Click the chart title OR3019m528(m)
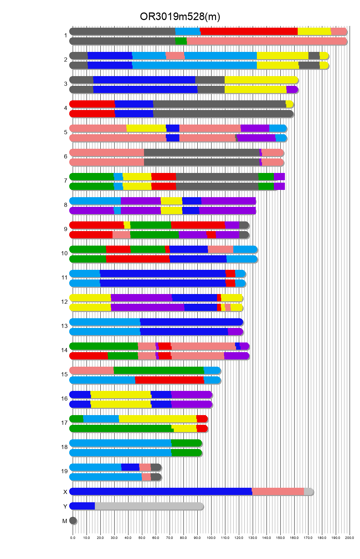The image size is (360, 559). point(180,17)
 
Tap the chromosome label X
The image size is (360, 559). point(65,492)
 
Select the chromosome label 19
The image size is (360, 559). point(64,471)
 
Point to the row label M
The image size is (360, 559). point(65,521)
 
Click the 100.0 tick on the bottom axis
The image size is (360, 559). point(211,538)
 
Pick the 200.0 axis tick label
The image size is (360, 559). point(350,538)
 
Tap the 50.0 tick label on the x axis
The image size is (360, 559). point(142,538)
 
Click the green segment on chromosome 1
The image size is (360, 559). point(181,41)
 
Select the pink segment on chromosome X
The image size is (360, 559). point(278,492)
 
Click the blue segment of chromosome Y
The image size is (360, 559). point(82,506)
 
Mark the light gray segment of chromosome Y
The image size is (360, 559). point(149,506)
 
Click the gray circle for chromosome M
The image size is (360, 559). point(73,521)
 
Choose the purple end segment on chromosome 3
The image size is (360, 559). point(292,90)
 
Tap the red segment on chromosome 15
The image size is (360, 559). point(169,380)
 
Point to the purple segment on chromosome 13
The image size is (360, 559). point(235,332)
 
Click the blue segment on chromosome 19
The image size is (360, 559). point(130,467)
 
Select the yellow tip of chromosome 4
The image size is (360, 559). point(289,104)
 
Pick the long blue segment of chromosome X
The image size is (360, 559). point(161,492)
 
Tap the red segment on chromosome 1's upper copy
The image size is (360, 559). point(249,31)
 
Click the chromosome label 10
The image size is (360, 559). point(64,253)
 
